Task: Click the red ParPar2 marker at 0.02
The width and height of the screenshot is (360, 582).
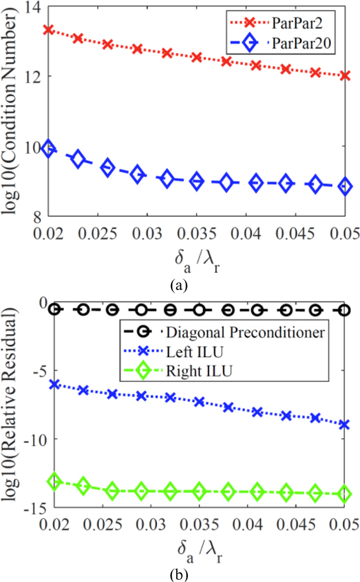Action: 49,29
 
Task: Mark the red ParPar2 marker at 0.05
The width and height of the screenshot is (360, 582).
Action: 345,75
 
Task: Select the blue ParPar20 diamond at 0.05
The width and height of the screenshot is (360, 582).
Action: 345,186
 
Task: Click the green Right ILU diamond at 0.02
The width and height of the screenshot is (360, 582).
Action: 54,481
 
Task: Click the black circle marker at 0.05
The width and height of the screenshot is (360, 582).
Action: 345,310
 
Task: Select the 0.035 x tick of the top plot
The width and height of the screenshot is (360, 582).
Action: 197,233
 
